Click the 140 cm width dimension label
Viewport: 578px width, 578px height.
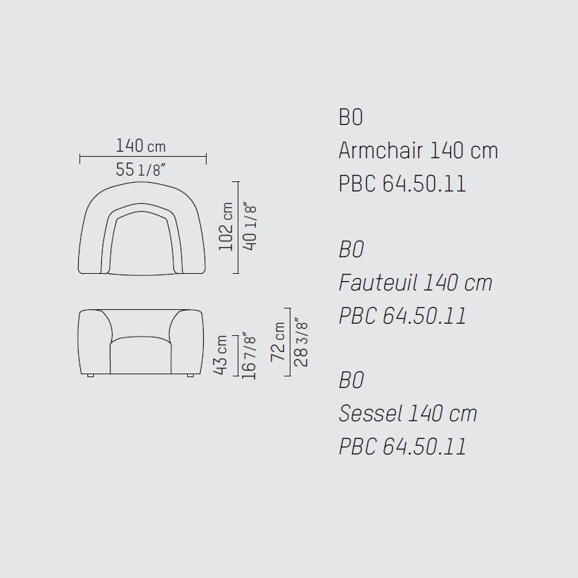[x=141, y=146]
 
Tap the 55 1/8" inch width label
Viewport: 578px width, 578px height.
[x=140, y=170]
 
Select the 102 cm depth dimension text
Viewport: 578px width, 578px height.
[x=225, y=226]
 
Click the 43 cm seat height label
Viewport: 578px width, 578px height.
[x=220, y=355]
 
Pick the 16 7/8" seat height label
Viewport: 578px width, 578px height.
[x=249, y=356]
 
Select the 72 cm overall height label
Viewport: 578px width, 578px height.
[x=278, y=342]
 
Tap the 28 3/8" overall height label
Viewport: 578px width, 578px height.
[x=301, y=342]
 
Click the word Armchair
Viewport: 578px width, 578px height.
[x=381, y=150]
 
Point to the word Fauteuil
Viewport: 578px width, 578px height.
[x=378, y=282]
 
